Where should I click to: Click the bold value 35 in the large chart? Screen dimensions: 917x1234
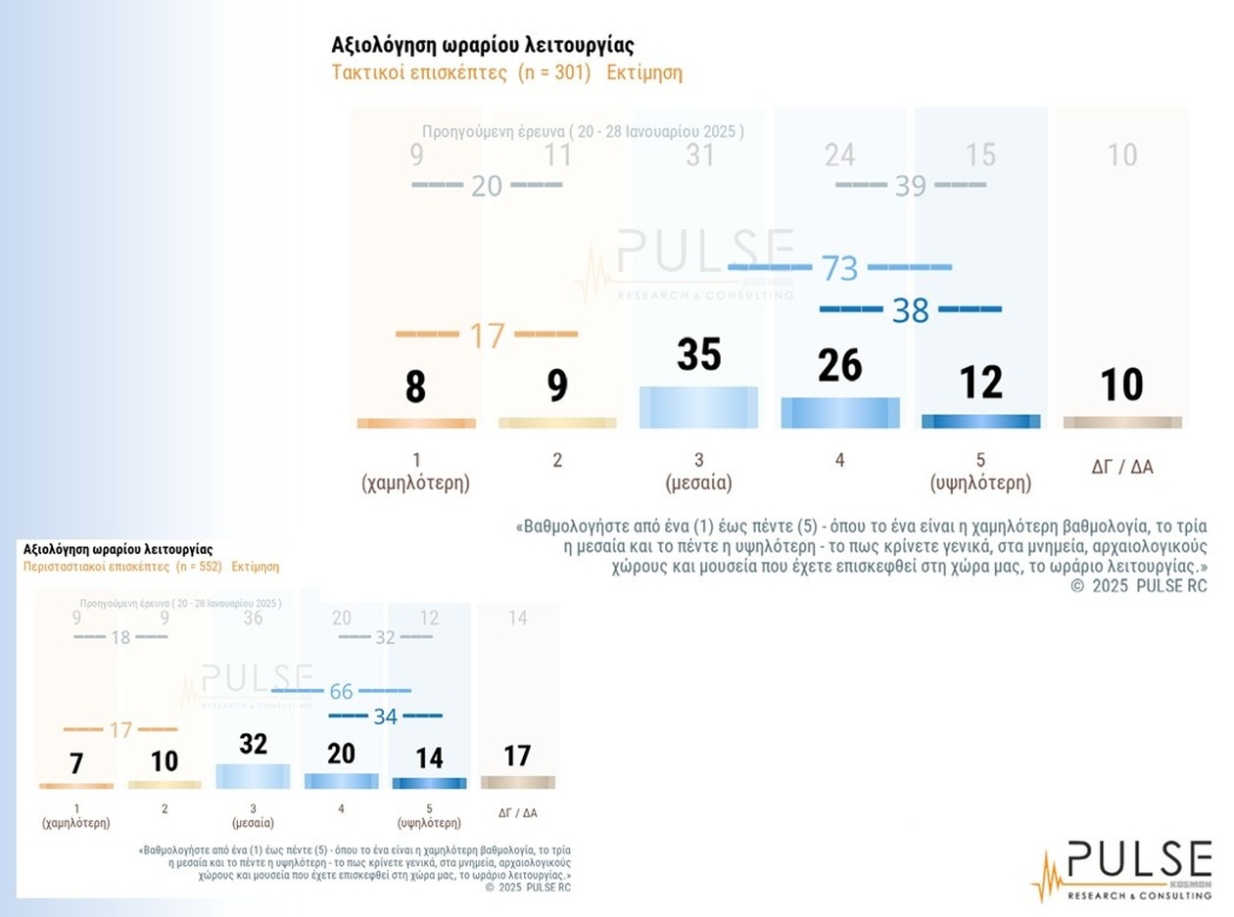(699, 354)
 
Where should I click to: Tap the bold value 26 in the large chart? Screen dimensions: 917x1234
(839, 365)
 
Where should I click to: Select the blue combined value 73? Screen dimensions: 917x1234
(840, 267)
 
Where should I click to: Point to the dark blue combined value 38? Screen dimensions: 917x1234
(910, 310)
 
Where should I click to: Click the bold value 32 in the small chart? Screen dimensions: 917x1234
(253, 744)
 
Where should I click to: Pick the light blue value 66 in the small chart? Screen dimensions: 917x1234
(341, 692)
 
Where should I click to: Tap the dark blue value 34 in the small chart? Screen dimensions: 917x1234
(385, 716)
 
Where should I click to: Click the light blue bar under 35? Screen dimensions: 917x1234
(698, 407)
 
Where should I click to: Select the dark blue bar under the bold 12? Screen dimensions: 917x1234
(980, 422)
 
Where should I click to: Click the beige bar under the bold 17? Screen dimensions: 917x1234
(517, 782)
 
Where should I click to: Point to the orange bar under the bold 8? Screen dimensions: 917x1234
(416, 423)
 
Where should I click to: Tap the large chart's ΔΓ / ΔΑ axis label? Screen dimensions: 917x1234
(1122, 467)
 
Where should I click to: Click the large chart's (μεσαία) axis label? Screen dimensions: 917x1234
(699, 482)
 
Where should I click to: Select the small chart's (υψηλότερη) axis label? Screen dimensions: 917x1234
(429, 823)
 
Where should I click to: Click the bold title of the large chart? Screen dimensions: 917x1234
(483, 46)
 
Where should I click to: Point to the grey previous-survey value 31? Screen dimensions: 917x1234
(699, 155)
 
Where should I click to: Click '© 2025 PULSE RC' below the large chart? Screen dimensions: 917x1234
(1139, 586)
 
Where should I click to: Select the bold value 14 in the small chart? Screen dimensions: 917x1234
(429, 758)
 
